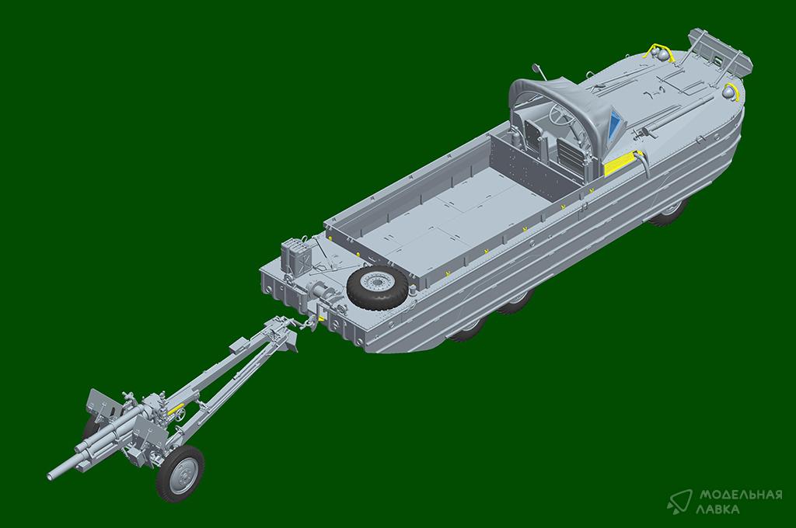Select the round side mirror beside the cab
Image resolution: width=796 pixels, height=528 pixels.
click(535, 67)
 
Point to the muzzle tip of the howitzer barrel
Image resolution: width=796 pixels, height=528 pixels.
click(51, 475)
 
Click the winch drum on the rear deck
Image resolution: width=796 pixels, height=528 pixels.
click(319, 294)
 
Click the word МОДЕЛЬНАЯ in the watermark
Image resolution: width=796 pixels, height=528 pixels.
click(741, 495)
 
